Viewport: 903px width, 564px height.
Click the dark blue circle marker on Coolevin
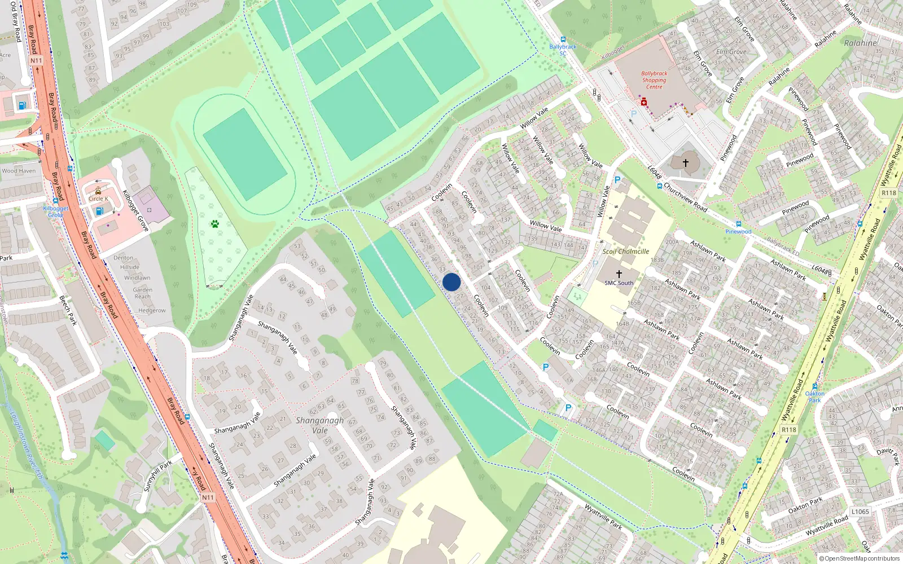click(x=451, y=282)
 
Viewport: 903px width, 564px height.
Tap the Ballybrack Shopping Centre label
click(x=654, y=80)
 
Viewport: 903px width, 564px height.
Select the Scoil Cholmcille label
click(x=625, y=252)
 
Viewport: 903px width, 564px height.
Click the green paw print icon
click(x=215, y=224)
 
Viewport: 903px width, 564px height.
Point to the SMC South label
click(x=619, y=283)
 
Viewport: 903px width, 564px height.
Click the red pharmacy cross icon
click(x=644, y=103)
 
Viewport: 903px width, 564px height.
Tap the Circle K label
click(x=98, y=199)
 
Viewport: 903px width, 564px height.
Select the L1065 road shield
click(x=860, y=512)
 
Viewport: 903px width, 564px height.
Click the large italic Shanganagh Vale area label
click(x=319, y=425)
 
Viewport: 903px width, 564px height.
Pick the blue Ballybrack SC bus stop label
click(x=563, y=50)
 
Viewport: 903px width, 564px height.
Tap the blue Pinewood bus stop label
click(x=738, y=231)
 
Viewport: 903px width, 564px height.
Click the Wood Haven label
click(x=19, y=171)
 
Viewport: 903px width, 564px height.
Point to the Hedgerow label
click(x=152, y=310)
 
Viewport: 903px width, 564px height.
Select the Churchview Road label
click(x=685, y=197)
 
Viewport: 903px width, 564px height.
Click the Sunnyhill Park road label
click(x=157, y=475)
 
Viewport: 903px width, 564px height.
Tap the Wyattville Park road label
click(x=603, y=517)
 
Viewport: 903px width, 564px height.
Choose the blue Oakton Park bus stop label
click(x=814, y=396)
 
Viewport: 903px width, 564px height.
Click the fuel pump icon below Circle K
click(x=99, y=211)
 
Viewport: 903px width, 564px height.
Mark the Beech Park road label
click(x=68, y=311)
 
